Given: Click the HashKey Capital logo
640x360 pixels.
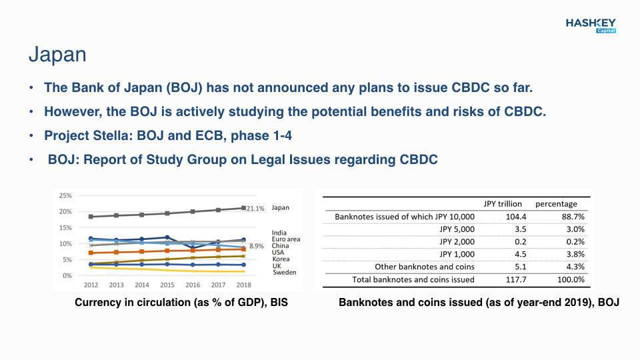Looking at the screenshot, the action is point(591,26).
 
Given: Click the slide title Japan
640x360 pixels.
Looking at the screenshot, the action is point(57,54).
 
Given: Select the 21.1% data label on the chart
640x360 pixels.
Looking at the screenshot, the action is point(255,209).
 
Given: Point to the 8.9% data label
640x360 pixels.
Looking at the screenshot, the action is point(256,246).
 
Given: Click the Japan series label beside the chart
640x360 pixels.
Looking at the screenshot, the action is point(281,208).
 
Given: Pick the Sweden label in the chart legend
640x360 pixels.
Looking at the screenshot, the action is point(285,272).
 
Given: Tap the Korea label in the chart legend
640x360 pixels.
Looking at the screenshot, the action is point(281,259).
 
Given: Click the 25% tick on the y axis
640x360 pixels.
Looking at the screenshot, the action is point(65,195).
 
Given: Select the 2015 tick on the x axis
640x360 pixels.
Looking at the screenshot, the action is point(167,285).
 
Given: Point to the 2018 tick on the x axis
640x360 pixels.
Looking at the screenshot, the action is point(244,285).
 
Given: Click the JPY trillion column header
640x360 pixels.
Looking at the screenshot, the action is point(503,204).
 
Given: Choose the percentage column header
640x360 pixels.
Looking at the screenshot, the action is point(556,204).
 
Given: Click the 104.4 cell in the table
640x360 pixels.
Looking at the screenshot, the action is point(516,217).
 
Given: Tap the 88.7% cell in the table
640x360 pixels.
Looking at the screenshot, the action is point(573,217).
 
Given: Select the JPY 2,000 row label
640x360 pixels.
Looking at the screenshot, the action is point(457,241).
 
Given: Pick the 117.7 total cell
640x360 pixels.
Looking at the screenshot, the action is point(516,279).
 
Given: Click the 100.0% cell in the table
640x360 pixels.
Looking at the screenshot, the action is point(571,279).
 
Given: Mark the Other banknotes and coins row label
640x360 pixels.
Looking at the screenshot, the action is point(425,267).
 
